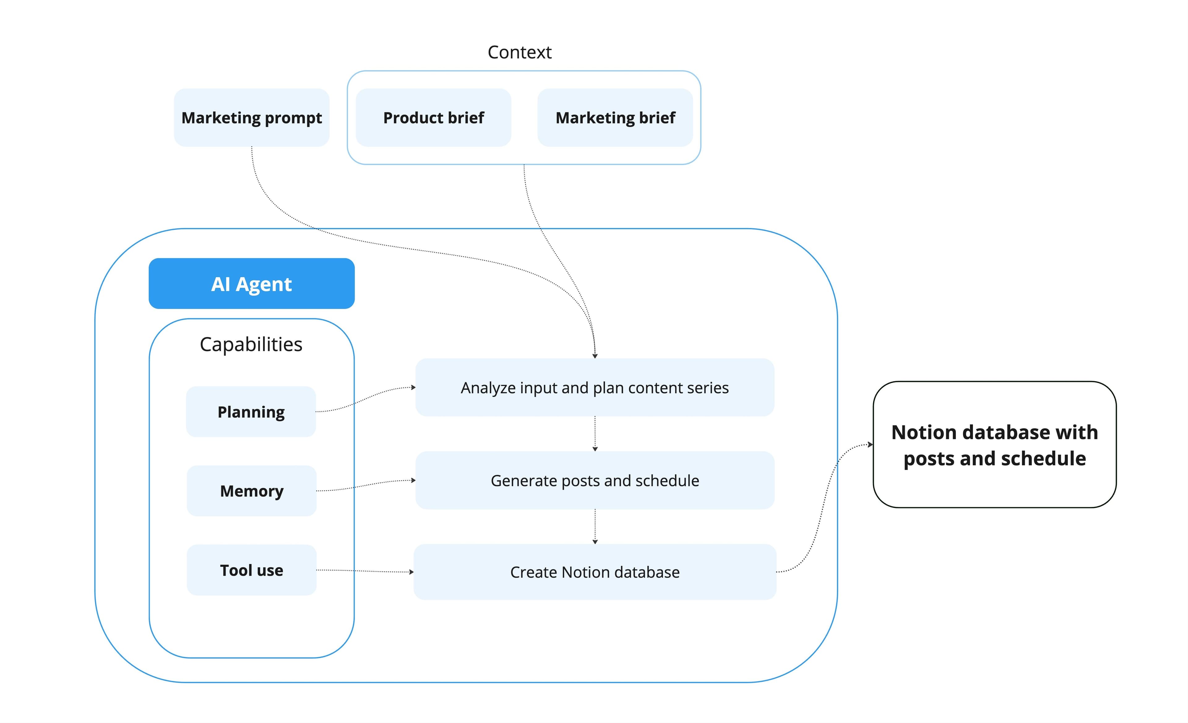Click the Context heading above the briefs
[519, 52]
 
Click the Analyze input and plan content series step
[595, 388]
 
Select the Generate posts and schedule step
[595, 480]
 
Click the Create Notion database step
[595, 572]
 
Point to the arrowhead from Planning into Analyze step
[413, 387]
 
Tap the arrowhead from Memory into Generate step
[413, 480]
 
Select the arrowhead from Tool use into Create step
[411, 572]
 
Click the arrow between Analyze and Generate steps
[595, 434]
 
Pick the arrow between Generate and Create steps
[595, 526]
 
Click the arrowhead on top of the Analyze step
[595, 356]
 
